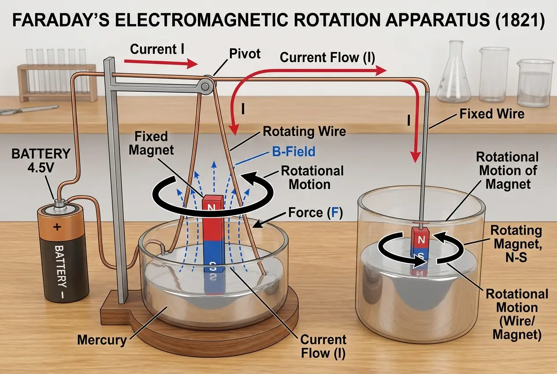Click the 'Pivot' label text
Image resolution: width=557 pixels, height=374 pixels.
click(245, 54)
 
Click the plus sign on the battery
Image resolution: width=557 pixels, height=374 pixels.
click(57, 227)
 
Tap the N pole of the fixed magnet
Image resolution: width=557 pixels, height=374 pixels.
click(211, 206)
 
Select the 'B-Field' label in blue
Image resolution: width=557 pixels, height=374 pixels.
click(293, 152)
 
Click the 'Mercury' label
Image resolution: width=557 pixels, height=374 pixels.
click(101, 340)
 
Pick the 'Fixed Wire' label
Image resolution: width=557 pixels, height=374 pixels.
click(492, 114)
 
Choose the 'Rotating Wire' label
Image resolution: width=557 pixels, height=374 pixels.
click(304, 131)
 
